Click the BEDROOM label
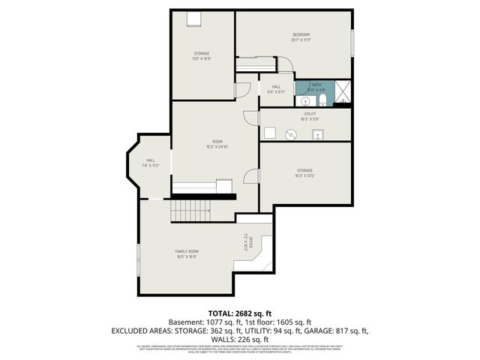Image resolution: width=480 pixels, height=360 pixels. coord(301,35)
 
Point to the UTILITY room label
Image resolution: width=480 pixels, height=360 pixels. coord(310,114)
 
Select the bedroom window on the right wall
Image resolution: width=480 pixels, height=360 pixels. coord(352,41)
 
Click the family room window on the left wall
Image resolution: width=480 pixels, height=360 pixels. coord(138,259)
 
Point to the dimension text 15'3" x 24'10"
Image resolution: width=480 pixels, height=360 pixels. coord(217,147)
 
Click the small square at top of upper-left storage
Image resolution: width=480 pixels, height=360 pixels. coord(193,19)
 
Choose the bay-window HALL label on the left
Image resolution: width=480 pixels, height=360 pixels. coord(151,160)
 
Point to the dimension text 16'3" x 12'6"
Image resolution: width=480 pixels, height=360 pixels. coord(304,176)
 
